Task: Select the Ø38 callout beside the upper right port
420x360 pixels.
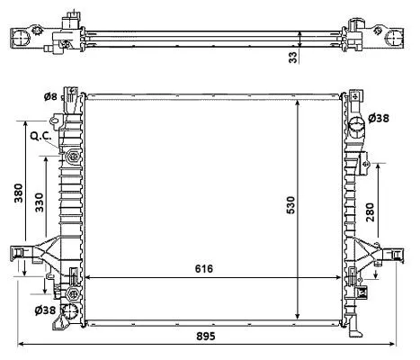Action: pos(380,119)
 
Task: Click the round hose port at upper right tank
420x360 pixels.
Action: pos(355,121)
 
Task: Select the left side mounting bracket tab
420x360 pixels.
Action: pos(18,255)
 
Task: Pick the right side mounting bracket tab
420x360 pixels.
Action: pos(390,254)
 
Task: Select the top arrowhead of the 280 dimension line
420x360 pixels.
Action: pos(378,166)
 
